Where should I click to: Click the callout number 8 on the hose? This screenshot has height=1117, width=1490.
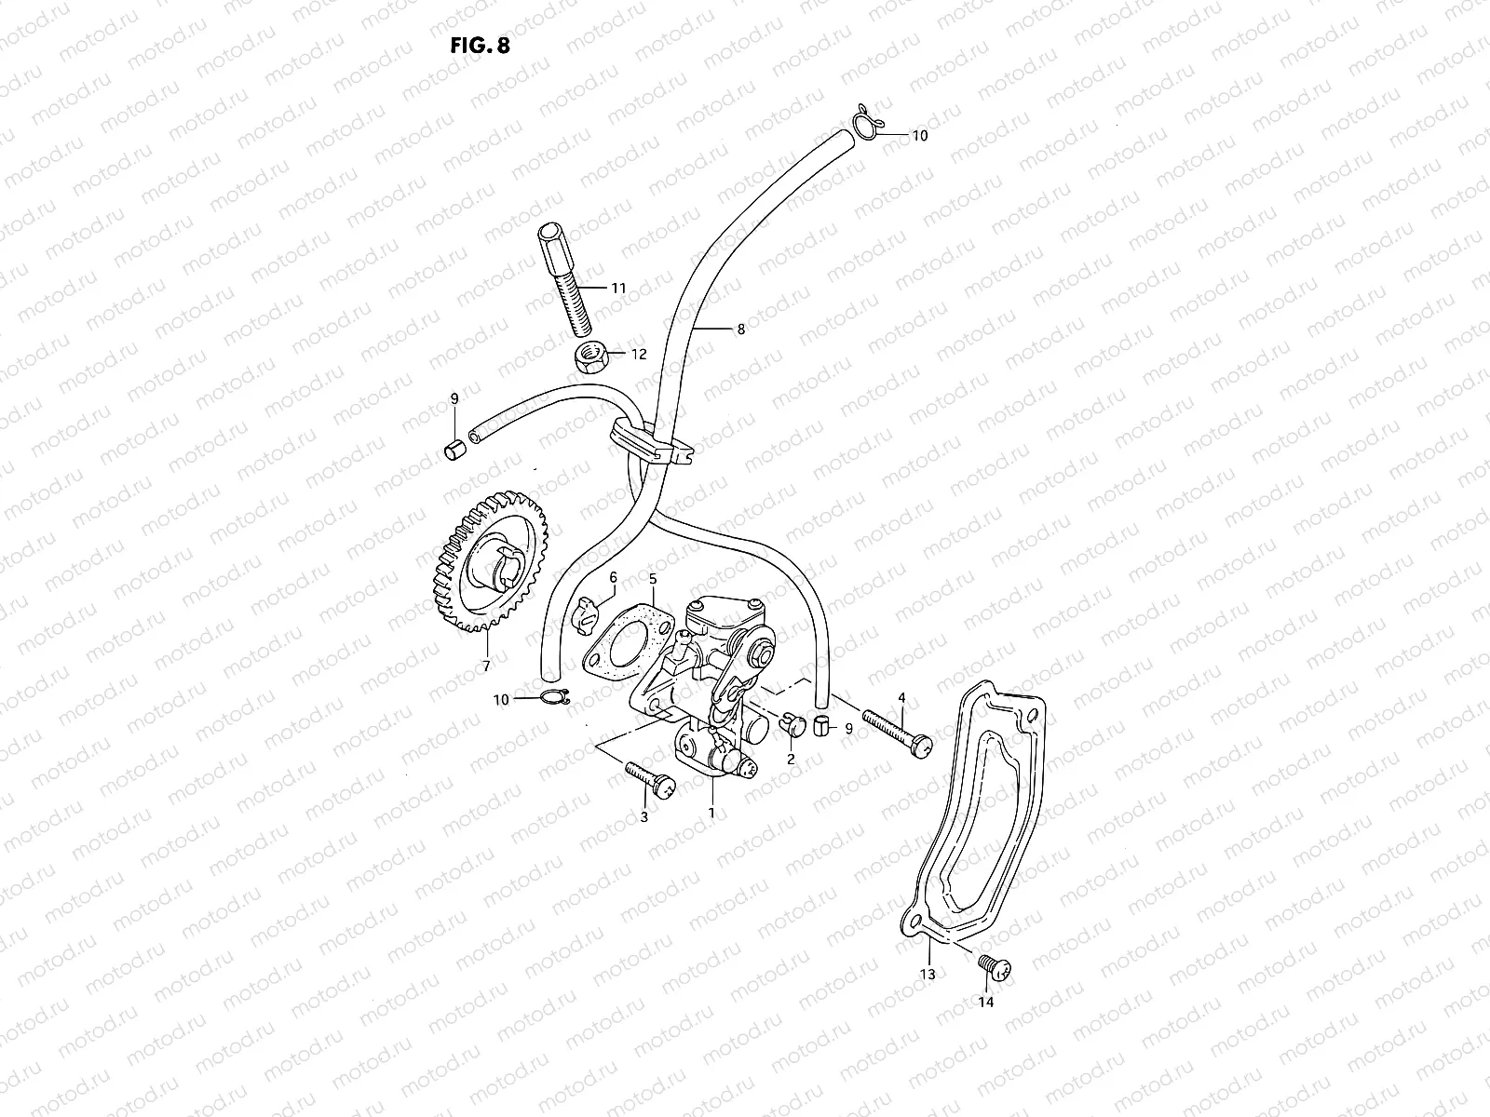pyautogui.click(x=740, y=329)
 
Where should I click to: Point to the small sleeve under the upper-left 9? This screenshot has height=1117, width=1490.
pyautogui.click(x=454, y=452)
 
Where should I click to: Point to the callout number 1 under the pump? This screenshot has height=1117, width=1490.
pyautogui.click(x=711, y=813)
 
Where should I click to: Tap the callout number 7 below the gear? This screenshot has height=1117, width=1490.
pyautogui.click(x=485, y=666)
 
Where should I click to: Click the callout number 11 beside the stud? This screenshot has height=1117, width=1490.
pyautogui.click(x=618, y=289)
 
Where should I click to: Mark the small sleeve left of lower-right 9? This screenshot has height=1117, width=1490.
pyautogui.click(x=822, y=726)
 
